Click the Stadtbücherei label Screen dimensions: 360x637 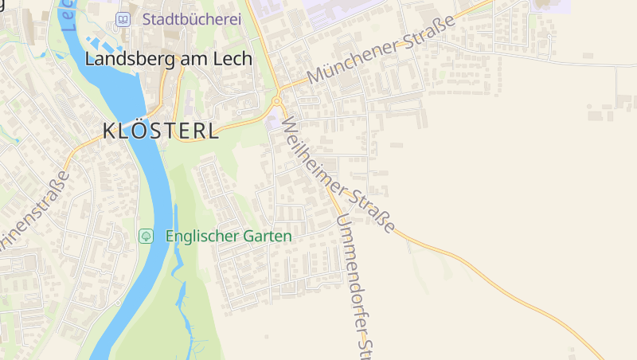pos(191,19)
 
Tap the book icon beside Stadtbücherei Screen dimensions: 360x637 pos(123,19)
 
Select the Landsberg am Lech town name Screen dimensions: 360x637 pos(168,58)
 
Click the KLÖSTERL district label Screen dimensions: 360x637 pos(161,131)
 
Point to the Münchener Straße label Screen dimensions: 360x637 pos(381,49)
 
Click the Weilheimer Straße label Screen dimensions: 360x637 pos(338,175)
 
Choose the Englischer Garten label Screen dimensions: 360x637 pos(229,237)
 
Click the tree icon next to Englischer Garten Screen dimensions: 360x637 pos(146,236)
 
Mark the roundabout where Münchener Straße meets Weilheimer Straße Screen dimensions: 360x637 pos(277,101)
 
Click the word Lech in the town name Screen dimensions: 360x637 pos(233,58)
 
